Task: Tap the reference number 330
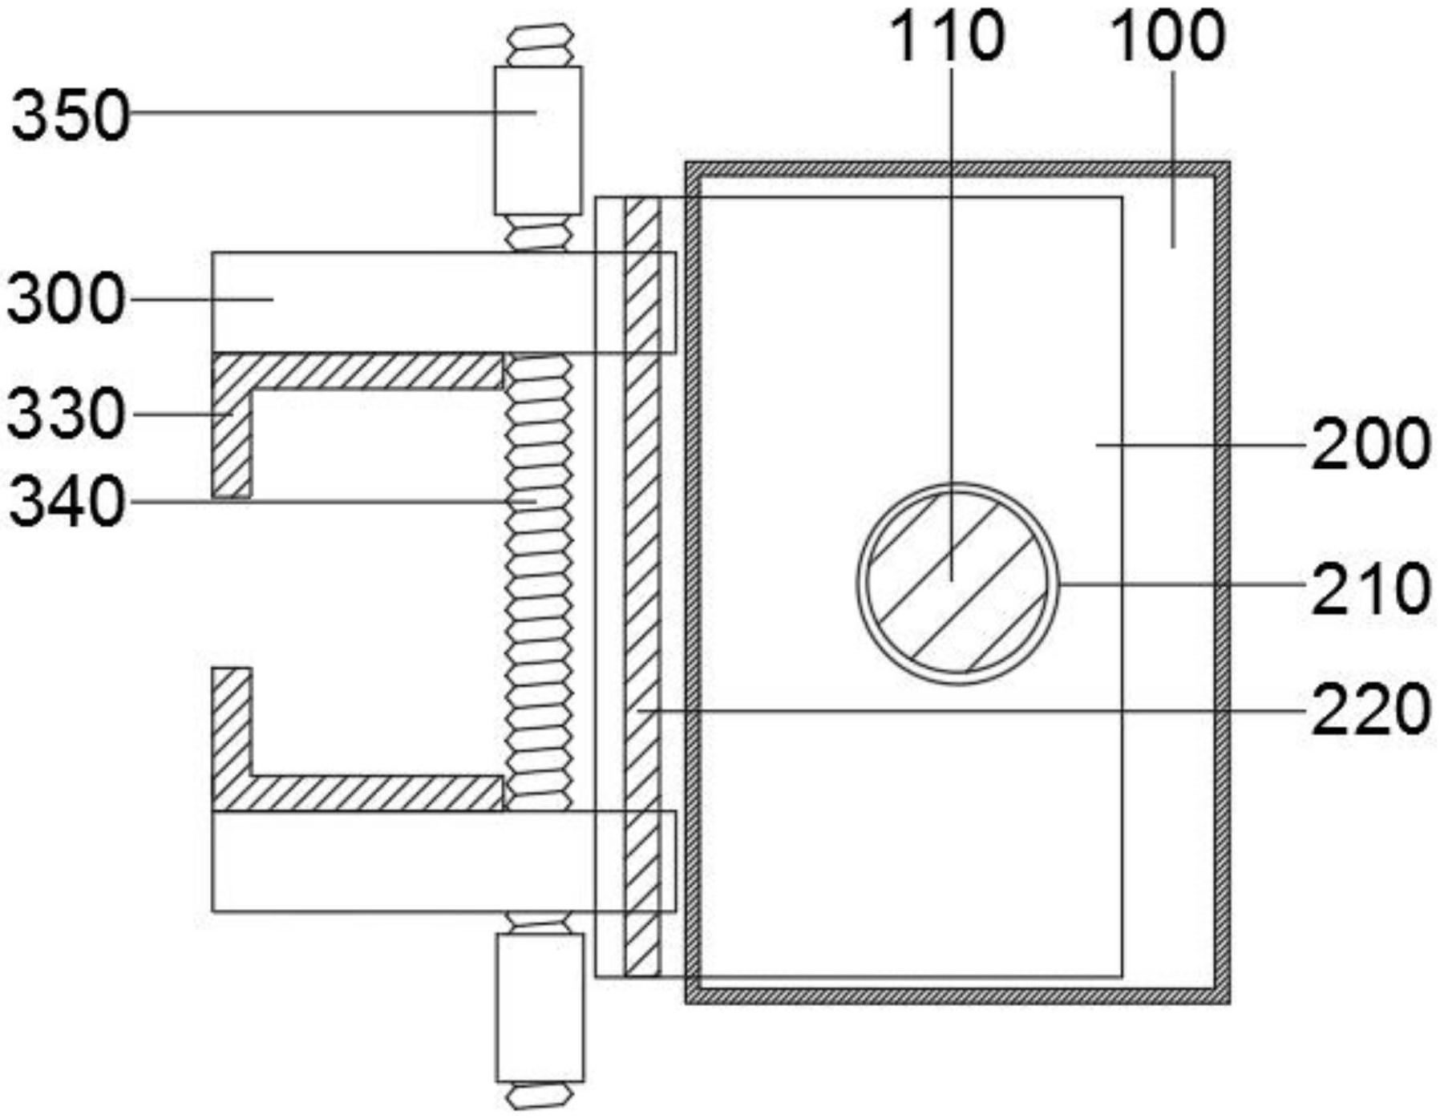[x=67, y=414]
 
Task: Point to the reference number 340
[x=67, y=503]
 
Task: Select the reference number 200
[x=1371, y=445]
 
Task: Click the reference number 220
[x=1371, y=709]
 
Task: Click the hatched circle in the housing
[x=957, y=584]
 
